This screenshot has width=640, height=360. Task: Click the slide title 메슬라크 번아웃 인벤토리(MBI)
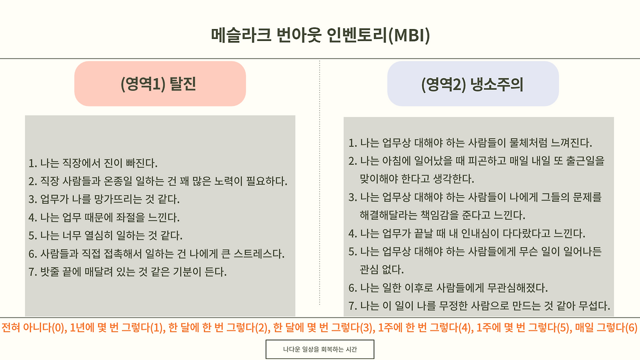point(320,36)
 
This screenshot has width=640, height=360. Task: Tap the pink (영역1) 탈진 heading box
point(160,83)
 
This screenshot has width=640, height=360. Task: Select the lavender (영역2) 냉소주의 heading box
point(472,83)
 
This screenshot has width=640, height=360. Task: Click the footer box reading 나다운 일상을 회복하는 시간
point(319,349)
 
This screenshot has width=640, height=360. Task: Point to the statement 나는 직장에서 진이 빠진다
point(93,163)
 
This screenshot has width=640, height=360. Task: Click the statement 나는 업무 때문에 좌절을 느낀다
point(103,217)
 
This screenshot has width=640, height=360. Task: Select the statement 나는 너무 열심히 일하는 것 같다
point(105,235)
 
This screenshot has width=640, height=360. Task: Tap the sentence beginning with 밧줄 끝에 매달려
point(127,272)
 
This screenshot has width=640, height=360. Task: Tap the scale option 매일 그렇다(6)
point(606,328)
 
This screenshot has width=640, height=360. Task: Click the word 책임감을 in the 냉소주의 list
point(425,215)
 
